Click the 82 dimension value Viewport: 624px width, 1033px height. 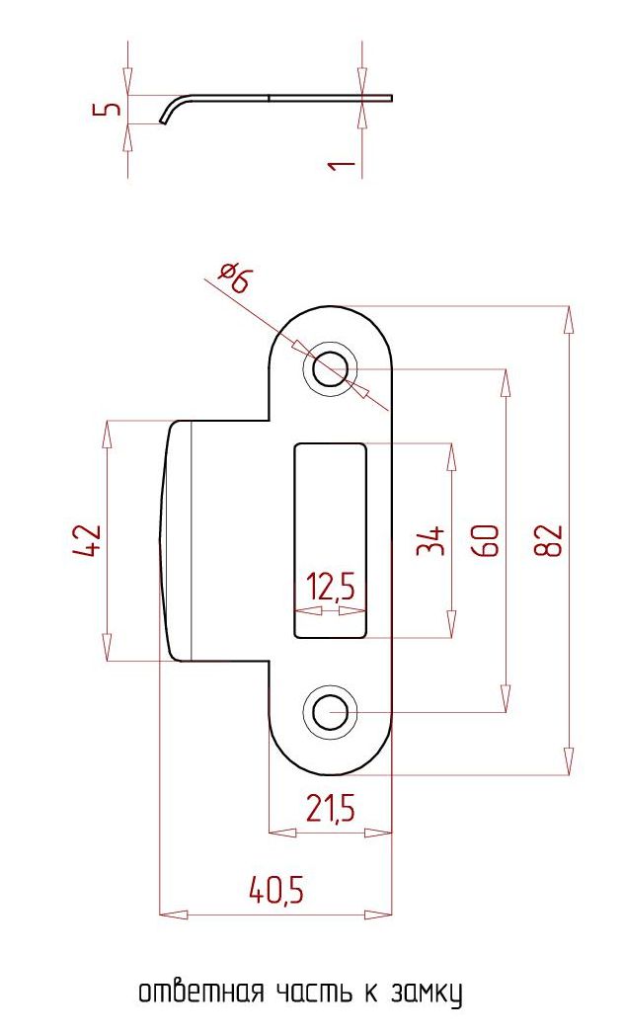[x=549, y=540]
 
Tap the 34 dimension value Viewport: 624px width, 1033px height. [x=430, y=541]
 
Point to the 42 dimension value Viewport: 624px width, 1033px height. [x=86, y=540]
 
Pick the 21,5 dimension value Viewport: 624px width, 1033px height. [x=331, y=807]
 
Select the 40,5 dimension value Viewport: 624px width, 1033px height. [x=276, y=892]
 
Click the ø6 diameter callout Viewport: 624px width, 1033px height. [x=236, y=278]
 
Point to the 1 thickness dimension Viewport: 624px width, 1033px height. [x=342, y=162]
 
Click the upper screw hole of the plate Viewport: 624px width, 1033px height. [x=330, y=368]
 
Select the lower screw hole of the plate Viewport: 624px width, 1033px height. [x=330, y=712]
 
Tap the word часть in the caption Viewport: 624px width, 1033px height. [x=316, y=992]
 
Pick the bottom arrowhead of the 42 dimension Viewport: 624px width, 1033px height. [x=107, y=648]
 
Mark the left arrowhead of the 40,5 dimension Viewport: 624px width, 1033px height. [x=174, y=914]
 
